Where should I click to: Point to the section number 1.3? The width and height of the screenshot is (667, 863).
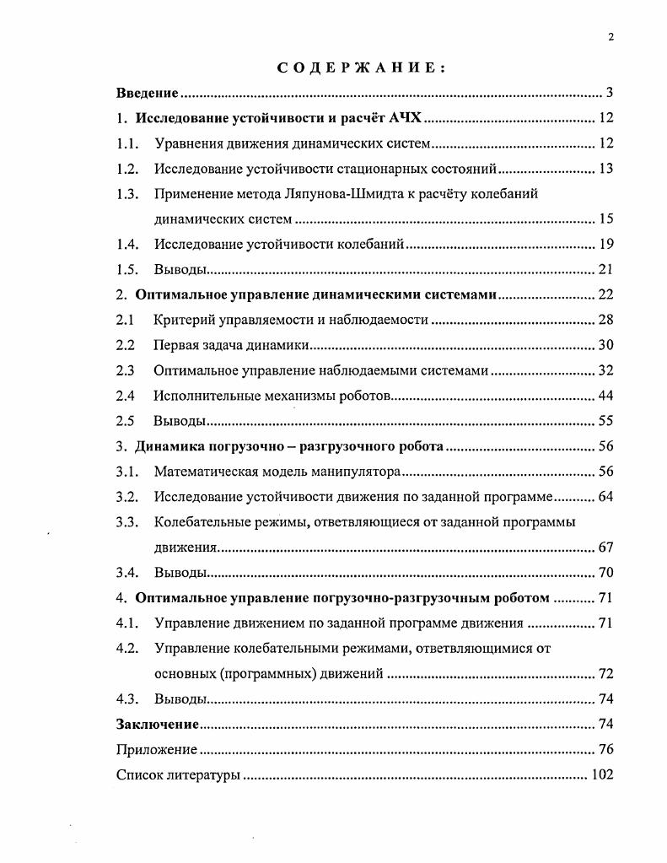click(x=127, y=194)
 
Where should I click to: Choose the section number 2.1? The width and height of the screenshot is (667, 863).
click(x=125, y=320)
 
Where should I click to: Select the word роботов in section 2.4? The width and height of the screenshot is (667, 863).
click(x=363, y=396)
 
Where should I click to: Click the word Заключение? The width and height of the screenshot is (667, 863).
click(x=158, y=724)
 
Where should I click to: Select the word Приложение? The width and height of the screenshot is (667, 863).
click(x=157, y=749)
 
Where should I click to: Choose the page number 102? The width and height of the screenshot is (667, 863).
click(x=602, y=774)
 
